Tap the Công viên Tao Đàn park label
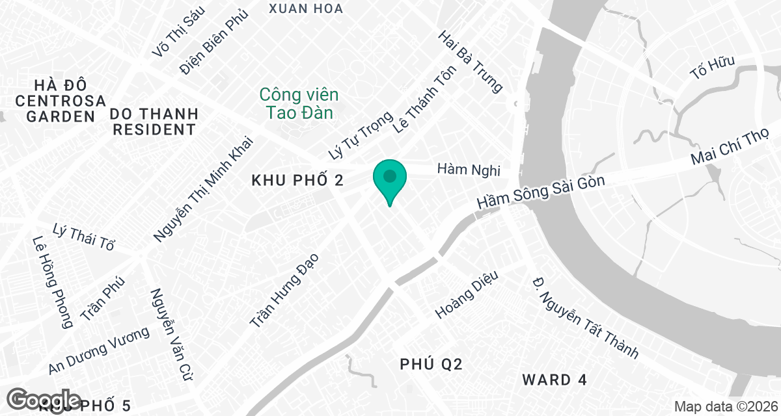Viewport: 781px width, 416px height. click(299, 103)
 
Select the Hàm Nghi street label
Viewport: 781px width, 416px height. click(469, 170)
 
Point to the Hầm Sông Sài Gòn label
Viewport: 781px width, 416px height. click(541, 192)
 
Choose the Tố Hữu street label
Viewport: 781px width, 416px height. click(713, 68)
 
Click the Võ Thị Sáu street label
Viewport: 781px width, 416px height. click(178, 31)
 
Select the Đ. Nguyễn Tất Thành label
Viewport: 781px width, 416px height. click(584, 317)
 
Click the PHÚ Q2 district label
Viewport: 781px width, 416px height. click(431, 365)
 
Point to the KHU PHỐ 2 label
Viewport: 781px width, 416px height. click(297, 181)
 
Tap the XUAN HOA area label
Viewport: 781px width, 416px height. click(306, 8)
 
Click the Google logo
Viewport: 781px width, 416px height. click(46, 400)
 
